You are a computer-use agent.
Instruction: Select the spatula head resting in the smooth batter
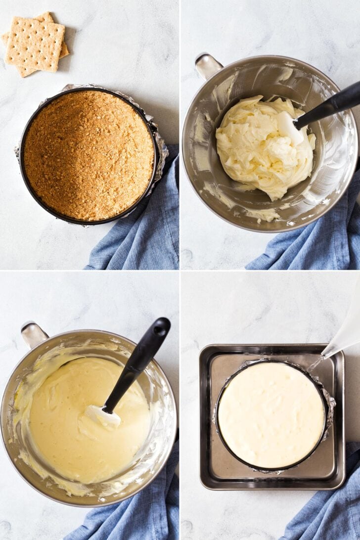pos(102,416)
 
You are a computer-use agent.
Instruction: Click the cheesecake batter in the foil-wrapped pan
pos(271,414)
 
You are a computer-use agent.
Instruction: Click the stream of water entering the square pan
pos(315,364)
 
